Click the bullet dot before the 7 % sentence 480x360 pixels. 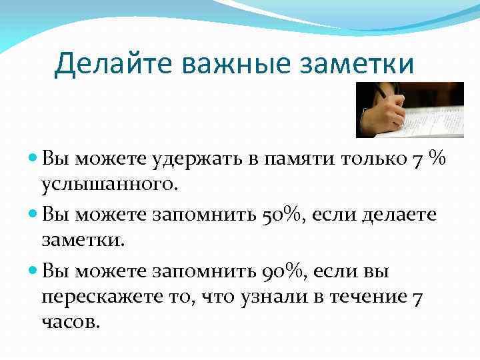click(x=34, y=160)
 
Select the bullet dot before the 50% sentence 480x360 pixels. click(x=34, y=215)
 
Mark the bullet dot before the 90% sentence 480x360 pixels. click(x=34, y=271)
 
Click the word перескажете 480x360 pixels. click(x=103, y=296)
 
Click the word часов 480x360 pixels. click(x=69, y=321)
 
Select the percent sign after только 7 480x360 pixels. click(x=437, y=159)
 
